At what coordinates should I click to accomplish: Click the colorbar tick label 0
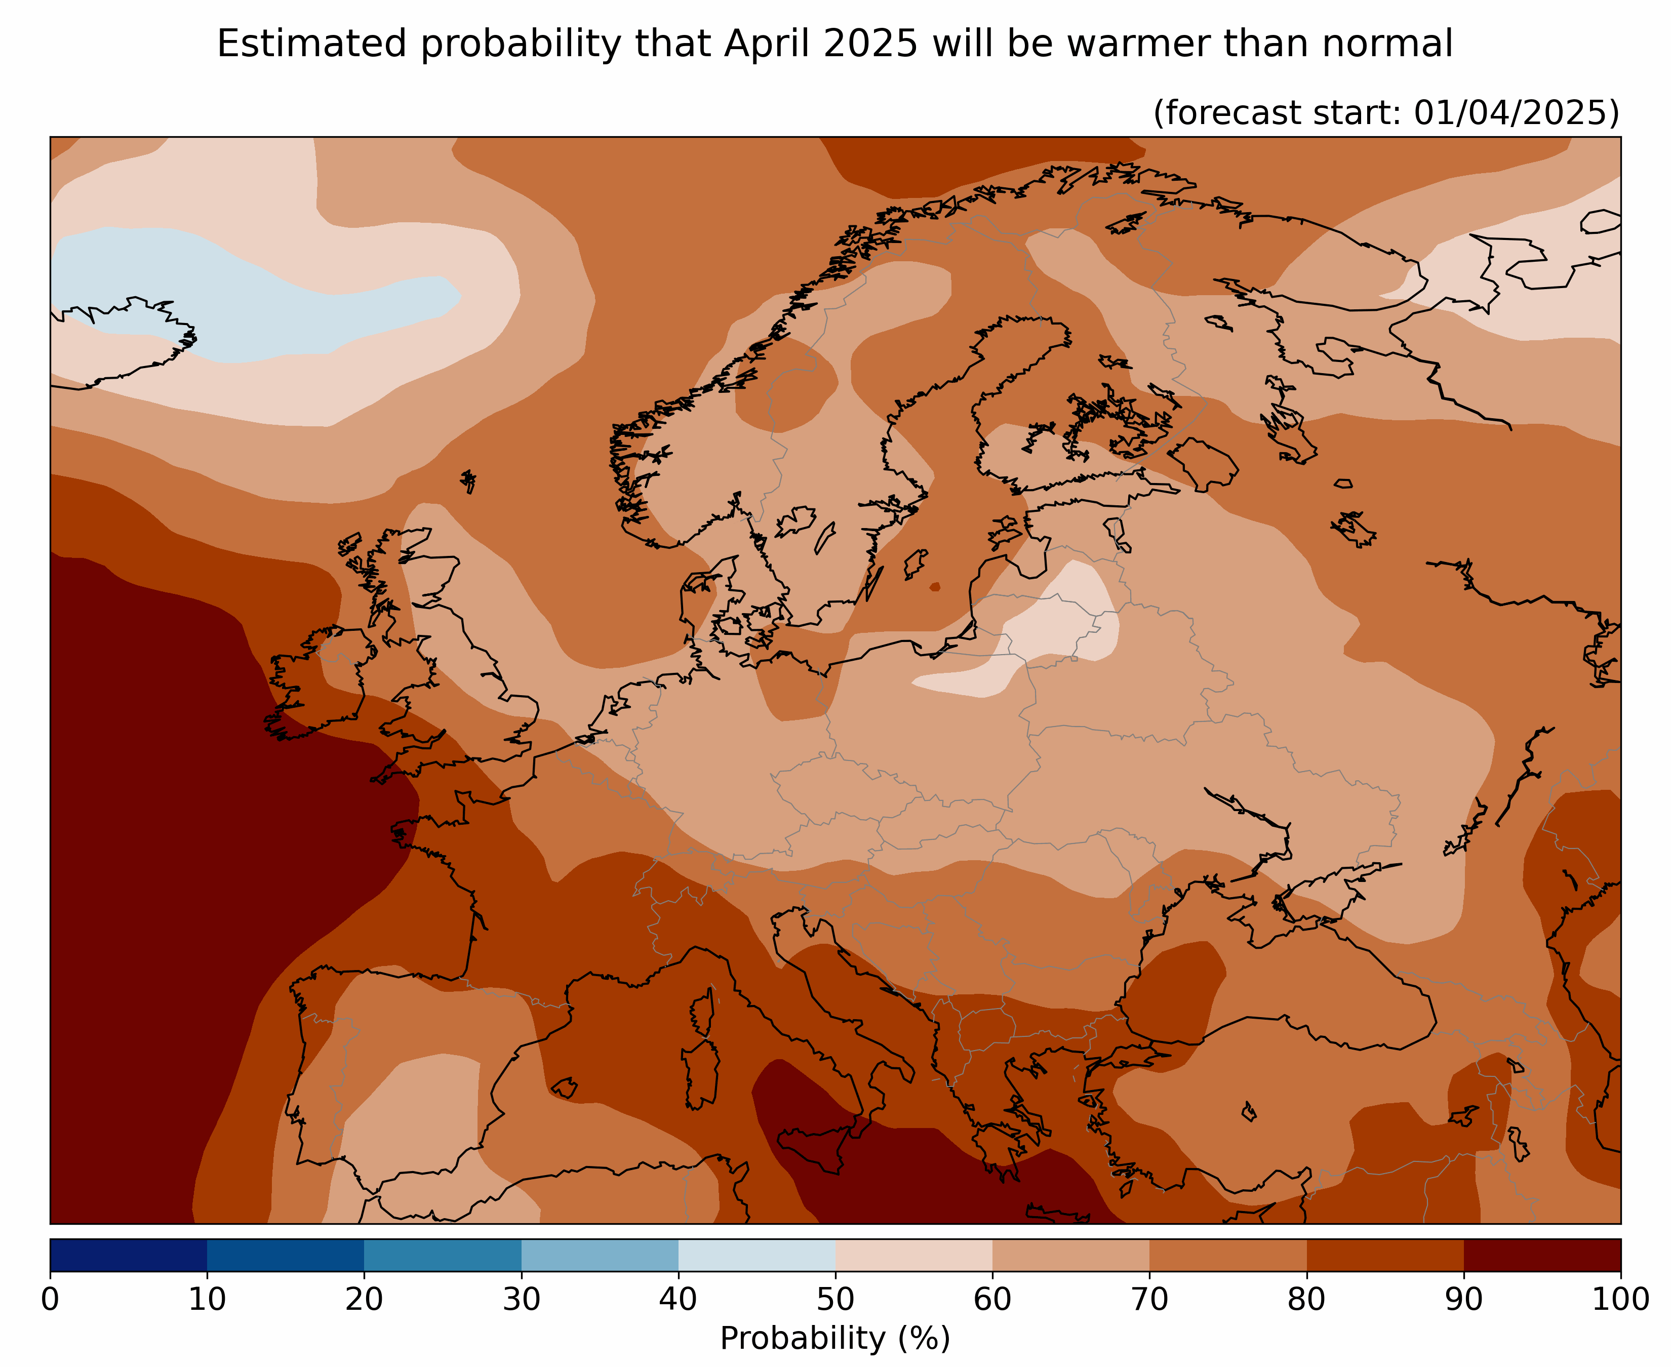click(50, 1299)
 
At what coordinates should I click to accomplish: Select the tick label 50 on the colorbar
click(835, 1299)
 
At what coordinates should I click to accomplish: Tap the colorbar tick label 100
click(1620, 1299)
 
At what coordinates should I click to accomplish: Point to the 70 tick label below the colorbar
click(1149, 1299)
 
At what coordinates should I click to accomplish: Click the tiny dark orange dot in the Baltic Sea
click(935, 587)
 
